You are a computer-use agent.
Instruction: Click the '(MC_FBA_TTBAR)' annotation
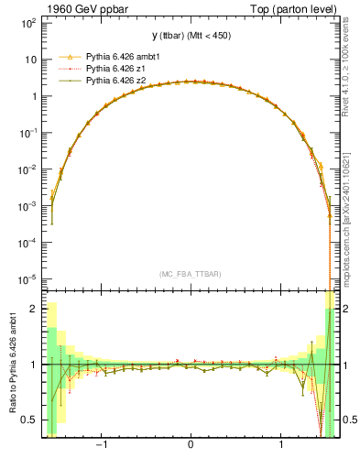tap(190, 274)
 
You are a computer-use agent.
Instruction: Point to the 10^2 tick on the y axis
tap(28, 22)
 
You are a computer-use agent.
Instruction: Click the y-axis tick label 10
tap(31, 60)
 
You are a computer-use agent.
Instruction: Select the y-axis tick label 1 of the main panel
tap(34, 96)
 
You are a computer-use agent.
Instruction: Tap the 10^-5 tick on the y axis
tap(28, 279)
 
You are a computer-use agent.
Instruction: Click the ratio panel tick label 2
tap(34, 310)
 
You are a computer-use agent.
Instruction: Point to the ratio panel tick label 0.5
tap(29, 420)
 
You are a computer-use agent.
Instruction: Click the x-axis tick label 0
tap(190, 446)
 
